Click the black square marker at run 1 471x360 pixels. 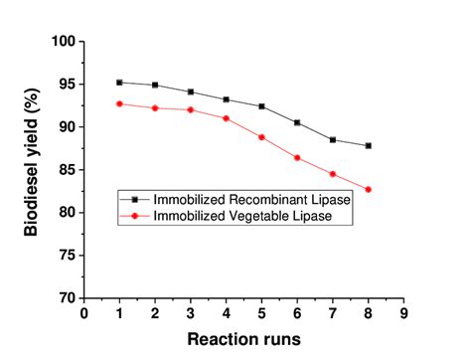coord(119,83)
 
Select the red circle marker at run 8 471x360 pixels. coord(369,189)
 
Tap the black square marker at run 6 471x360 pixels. coord(297,122)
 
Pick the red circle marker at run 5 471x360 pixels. coord(261,137)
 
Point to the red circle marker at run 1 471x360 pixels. coord(119,103)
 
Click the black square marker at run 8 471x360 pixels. coord(369,145)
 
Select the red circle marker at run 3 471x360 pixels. coord(191,109)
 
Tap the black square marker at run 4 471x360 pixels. coord(227,99)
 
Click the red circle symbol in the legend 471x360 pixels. coord(134,215)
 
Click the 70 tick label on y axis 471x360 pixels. coord(67,297)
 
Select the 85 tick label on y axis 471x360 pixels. coord(67,170)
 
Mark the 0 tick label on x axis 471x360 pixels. coord(83,313)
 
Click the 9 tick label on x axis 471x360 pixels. coord(404,313)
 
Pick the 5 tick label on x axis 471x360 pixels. coord(262,313)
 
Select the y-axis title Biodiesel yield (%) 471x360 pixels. coord(32,169)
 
